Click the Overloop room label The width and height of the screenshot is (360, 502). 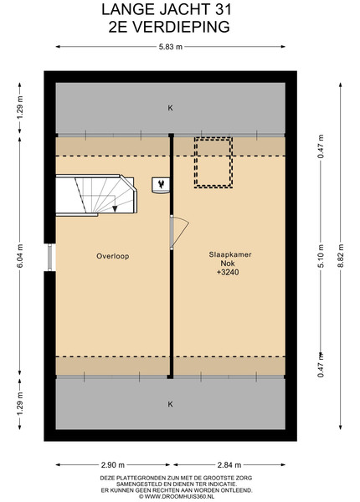point(113,256)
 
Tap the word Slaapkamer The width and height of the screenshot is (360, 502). point(230,254)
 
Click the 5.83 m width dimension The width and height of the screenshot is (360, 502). point(171,47)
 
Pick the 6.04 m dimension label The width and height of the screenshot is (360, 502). point(20,255)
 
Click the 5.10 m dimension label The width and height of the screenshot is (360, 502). point(321,255)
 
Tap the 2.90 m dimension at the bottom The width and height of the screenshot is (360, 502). point(113,464)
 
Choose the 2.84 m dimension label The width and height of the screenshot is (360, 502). point(229,464)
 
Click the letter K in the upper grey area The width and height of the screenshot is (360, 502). point(171,108)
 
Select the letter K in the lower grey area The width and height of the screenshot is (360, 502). point(171,404)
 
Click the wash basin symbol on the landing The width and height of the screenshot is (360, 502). point(161,186)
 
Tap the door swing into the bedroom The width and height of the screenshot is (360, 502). point(179,233)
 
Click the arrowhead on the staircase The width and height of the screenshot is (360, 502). point(115,208)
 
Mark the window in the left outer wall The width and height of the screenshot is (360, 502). point(49,257)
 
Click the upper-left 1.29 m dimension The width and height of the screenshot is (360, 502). point(20,108)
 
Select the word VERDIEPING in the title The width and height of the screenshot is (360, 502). point(182,27)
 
